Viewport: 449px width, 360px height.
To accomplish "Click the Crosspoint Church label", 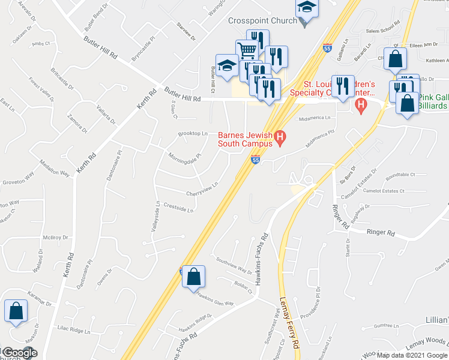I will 262,20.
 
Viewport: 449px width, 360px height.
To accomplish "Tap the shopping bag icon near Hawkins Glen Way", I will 193,277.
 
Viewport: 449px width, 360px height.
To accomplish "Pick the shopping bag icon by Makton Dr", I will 16,311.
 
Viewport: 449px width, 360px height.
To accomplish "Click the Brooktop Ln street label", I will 192,134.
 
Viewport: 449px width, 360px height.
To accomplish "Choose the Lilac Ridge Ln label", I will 73,331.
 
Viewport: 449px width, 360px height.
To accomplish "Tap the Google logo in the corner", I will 19,353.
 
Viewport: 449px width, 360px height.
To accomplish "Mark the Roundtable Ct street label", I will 400,174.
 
